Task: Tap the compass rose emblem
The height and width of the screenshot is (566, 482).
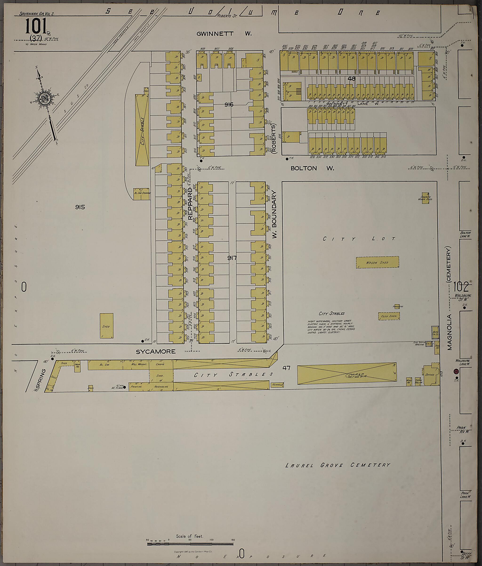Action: [x=45, y=98]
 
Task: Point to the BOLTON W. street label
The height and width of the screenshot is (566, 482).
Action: [x=312, y=168]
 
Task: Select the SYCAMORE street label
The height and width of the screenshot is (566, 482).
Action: [x=156, y=352]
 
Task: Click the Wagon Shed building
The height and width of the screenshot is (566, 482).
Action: [x=377, y=262]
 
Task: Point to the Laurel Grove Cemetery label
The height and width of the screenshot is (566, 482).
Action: [x=337, y=465]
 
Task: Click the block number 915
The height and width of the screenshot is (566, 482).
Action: [x=80, y=207]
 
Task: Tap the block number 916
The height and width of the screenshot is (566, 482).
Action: [x=229, y=104]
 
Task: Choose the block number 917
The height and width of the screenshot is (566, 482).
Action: [x=232, y=258]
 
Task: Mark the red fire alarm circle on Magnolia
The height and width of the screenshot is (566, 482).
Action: [x=455, y=372]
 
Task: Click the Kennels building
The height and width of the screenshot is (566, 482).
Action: [x=277, y=385]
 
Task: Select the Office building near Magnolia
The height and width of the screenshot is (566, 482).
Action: [x=430, y=375]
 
